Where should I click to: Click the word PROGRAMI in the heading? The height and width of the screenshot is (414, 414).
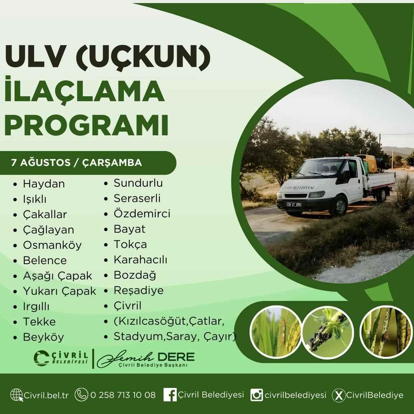point(86,125)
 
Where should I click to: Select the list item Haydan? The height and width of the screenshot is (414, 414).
point(44,184)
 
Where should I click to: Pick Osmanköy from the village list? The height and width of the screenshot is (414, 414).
point(52,245)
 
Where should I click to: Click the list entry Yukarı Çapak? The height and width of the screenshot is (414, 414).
point(59,291)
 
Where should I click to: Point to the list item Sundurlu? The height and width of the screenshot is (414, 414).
point(138,183)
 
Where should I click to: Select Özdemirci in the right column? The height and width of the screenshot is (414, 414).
point(142,214)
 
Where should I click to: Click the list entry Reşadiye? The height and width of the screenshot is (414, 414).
point(139,291)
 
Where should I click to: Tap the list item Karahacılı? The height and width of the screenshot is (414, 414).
point(140,260)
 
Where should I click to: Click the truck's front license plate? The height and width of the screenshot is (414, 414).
point(294,204)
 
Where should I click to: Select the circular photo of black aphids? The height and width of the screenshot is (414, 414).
point(328,332)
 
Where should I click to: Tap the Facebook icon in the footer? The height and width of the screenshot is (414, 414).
point(170,395)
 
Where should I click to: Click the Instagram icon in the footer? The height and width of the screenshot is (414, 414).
point(256,395)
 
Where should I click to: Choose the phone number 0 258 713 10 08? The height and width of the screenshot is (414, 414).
point(123,395)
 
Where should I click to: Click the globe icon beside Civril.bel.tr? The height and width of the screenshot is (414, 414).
point(16,395)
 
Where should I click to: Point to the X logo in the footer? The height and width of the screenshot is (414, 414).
point(338,395)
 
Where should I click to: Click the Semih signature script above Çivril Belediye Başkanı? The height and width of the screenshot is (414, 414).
point(125,358)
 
